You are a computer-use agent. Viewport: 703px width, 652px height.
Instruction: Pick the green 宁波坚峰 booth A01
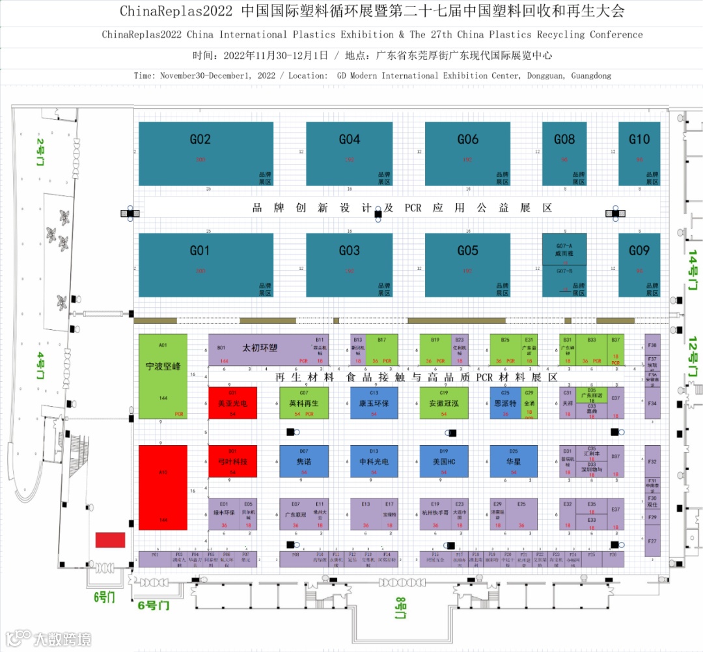tap(163, 376)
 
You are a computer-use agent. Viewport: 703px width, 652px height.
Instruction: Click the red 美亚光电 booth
tap(232, 403)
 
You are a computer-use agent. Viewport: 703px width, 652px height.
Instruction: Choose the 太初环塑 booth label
tap(259, 348)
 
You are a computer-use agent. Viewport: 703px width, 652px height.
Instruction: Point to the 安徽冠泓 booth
tap(444, 403)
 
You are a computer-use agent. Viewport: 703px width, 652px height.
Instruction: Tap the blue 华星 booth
tap(513, 461)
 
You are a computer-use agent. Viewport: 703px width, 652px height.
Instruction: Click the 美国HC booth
tap(444, 461)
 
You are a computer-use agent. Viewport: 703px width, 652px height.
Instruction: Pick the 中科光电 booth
tap(374, 461)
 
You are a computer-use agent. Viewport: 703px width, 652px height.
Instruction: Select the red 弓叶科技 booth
tap(232, 461)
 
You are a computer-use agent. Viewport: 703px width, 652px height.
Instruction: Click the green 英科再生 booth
tap(303, 403)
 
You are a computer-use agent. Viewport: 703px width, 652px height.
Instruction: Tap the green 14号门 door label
tap(693, 269)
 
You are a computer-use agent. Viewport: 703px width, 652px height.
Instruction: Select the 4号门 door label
tap(40, 366)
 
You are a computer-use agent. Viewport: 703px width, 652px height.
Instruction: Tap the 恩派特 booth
tap(505, 403)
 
